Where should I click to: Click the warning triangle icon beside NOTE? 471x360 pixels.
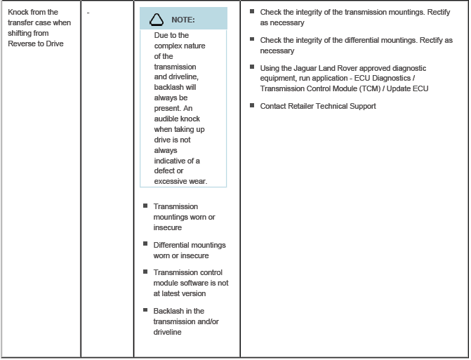(x=159, y=19)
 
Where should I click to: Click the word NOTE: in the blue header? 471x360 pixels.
(x=183, y=20)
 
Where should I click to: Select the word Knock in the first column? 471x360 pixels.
(x=20, y=12)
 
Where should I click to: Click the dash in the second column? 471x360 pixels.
(x=88, y=12)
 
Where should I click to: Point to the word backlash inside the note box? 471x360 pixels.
(x=169, y=88)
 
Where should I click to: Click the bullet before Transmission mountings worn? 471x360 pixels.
(x=145, y=206)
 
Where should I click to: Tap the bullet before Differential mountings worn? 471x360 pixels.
(x=145, y=244)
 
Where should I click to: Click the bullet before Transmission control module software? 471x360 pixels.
(x=145, y=272)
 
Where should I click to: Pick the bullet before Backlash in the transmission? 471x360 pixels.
(x=145, y=310)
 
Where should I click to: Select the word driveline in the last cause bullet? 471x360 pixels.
(x=168, y=332)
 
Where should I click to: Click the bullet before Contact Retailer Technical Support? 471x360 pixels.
(x=252, y=106)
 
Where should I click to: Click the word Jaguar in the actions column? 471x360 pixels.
(x=303, y=68)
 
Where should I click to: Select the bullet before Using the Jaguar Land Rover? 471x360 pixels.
(x=252, y=67)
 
